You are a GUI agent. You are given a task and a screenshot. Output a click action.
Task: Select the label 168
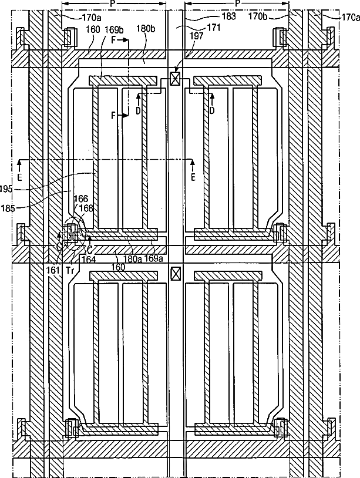(x=86, y=207)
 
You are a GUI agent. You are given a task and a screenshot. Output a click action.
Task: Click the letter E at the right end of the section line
(x=193, y=175)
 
